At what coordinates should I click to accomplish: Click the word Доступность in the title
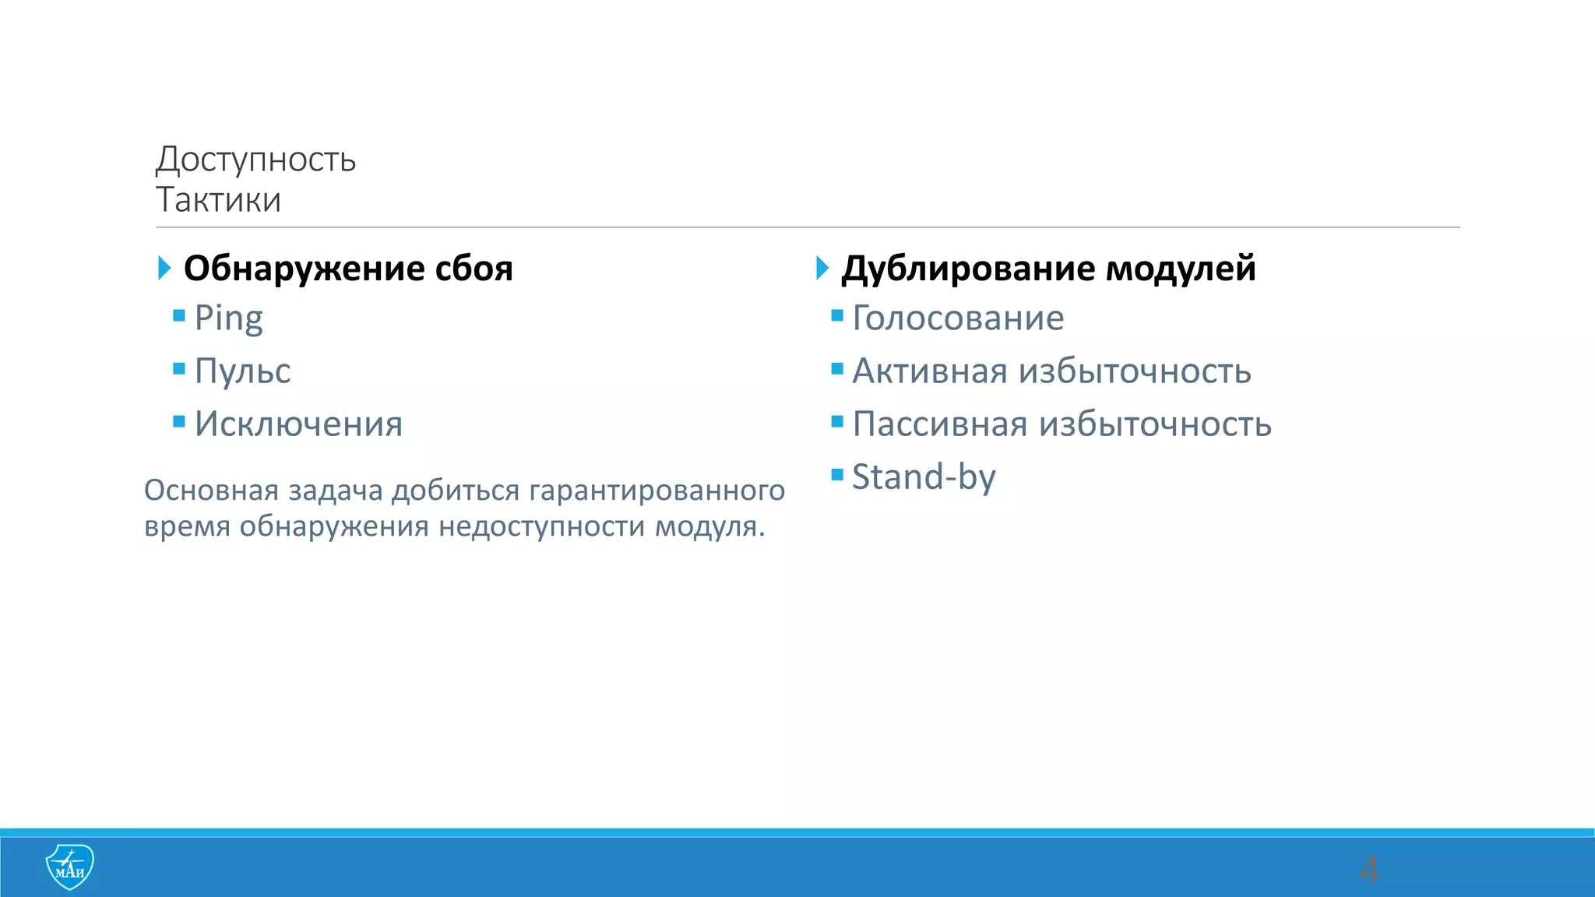pos(255,160)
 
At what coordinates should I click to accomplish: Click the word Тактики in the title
pos(218,200)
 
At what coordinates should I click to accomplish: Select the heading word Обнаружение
pos(304,269)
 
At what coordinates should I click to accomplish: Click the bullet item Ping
pos(228,318)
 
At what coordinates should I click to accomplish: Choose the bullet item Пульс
pos(242,371)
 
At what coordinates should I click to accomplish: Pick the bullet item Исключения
pos(298,424)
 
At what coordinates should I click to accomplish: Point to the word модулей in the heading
pos(1181,269)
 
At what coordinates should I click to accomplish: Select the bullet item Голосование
pos(958,318)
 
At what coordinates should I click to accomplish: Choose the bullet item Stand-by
pos(924,477)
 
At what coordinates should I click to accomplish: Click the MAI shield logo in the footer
pos(70,866)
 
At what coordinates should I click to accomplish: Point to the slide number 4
pos(1368,869)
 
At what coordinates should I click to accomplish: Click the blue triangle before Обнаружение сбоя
pos(164,268)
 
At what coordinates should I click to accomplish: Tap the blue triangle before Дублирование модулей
pos(822,268)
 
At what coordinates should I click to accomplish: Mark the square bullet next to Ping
pos(179,315)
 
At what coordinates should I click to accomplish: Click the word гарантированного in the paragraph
pos(657,491)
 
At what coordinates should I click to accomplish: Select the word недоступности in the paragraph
pos(542,526)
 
